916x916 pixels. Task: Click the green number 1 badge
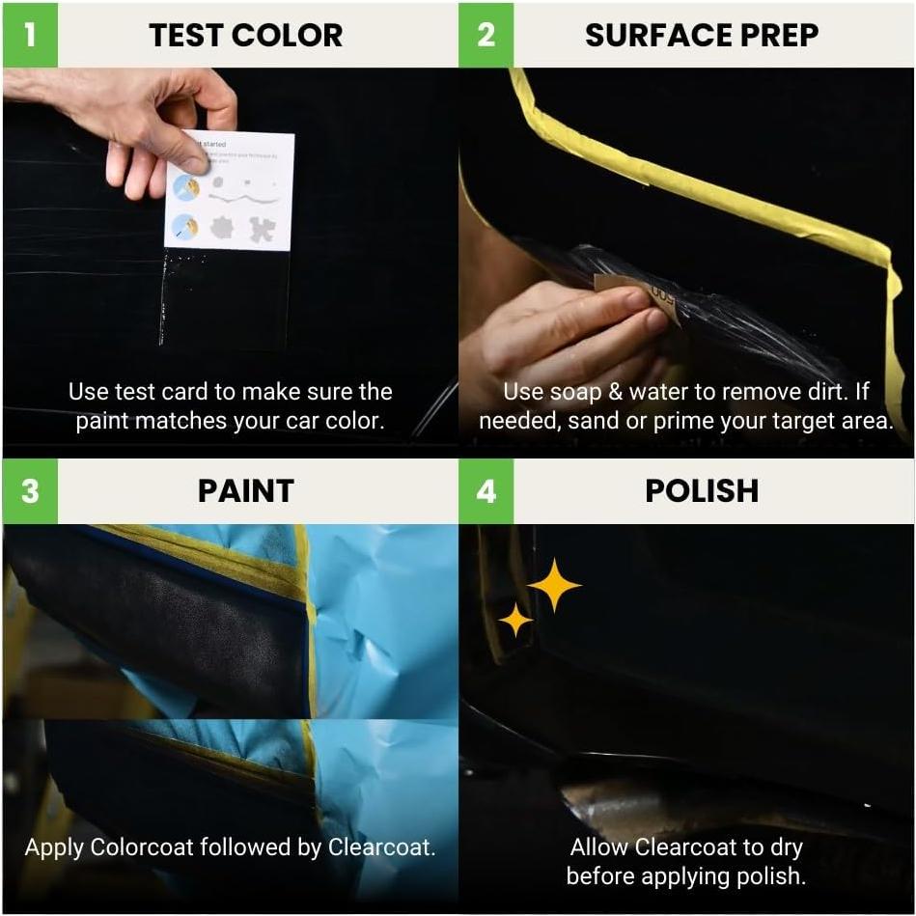[x=30, y=35]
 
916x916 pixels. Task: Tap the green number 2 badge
[x=486, y=35]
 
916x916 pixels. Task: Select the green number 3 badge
[x=30, y=490]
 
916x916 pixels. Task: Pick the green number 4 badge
[x=486, y=490]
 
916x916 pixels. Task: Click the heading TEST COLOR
[x=245, y=36]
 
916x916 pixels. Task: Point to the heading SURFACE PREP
[x=701, y=36]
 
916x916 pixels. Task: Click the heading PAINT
[x=245, y=490]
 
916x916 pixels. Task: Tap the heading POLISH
[x=701, y=490]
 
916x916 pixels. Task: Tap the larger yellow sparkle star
[x=554, y=585]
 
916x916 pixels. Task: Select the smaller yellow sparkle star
[x=515, y=620]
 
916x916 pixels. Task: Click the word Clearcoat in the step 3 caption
[x=380, y=847]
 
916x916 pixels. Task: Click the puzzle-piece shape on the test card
[x=262, y=228]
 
